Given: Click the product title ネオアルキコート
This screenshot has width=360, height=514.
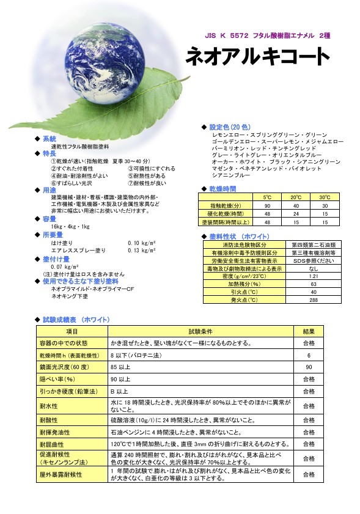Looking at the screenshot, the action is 257,57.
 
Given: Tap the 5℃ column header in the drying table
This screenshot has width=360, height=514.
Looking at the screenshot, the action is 268,197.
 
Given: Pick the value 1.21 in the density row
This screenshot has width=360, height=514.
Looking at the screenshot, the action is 314,276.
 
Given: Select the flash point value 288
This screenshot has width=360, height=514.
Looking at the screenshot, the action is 314,300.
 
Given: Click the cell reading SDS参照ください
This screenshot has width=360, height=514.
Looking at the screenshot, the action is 314,260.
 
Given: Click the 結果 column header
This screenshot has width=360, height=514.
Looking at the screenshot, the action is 309,331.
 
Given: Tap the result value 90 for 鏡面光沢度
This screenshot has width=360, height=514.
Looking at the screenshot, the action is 309,367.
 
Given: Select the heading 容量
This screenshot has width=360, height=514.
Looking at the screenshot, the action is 50,218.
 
